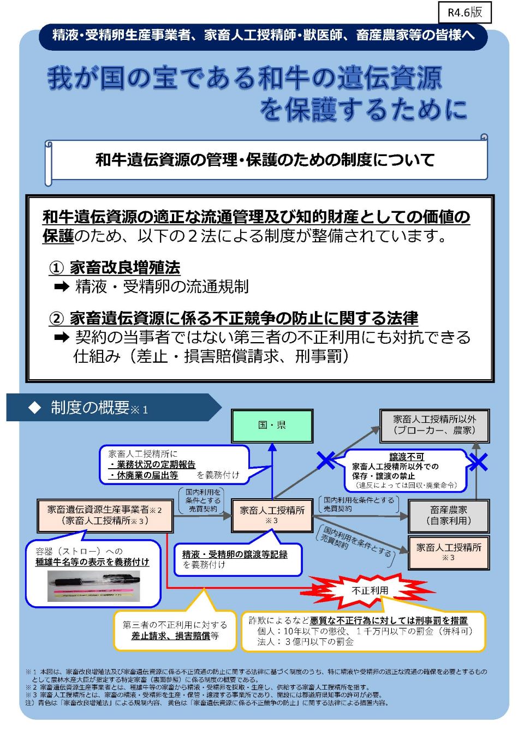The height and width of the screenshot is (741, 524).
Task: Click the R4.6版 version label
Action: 465,13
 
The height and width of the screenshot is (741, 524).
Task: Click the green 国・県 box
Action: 272,426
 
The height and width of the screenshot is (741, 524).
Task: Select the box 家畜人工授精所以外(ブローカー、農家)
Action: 434,425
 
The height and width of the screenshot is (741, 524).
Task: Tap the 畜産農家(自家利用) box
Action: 448,515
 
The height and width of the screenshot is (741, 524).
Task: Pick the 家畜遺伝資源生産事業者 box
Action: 105,515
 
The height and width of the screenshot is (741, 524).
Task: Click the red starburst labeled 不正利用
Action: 370,590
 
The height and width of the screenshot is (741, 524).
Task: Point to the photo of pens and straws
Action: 93,585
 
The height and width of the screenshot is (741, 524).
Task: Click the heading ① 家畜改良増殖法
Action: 115,267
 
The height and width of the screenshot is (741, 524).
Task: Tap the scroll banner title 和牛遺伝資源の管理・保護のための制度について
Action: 265,160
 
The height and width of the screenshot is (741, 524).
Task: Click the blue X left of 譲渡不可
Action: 326,460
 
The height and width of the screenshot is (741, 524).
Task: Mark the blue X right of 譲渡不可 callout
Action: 478,462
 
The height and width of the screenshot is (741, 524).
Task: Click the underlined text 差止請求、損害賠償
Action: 170,636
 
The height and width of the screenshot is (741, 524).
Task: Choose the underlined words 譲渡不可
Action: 406,457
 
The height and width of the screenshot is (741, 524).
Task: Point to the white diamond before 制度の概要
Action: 35,408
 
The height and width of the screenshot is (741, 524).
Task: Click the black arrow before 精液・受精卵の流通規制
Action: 62,286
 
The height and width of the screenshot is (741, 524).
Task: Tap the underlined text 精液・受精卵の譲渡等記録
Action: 235,554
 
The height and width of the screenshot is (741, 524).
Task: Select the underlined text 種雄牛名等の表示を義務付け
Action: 92,561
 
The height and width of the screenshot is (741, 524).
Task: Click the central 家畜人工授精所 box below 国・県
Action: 272,515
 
